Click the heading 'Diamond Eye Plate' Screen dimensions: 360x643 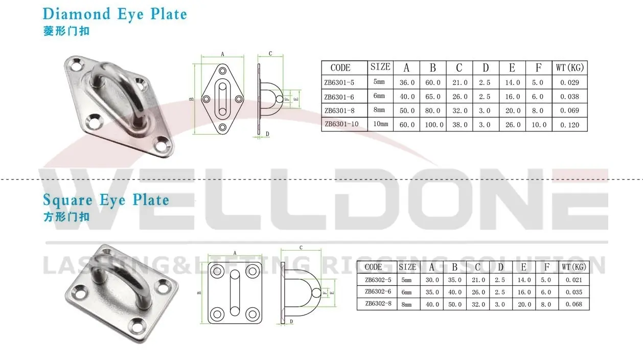click(114, 14)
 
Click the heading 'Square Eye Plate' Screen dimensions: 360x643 click(106, 199)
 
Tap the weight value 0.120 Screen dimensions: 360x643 click(569, 124)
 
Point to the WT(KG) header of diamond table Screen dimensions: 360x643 click(569, 67)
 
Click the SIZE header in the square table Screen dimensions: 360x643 click(407, 267)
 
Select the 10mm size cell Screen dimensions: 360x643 click(380, 124)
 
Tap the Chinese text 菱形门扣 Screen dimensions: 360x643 click(66, 31)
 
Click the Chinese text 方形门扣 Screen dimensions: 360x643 click(66, 216)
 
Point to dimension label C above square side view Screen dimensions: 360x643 click(301, 247)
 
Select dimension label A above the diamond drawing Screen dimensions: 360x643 click(222, 53)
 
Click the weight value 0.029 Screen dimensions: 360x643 click(569, 82)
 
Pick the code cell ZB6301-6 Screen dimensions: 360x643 click(340, 96)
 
